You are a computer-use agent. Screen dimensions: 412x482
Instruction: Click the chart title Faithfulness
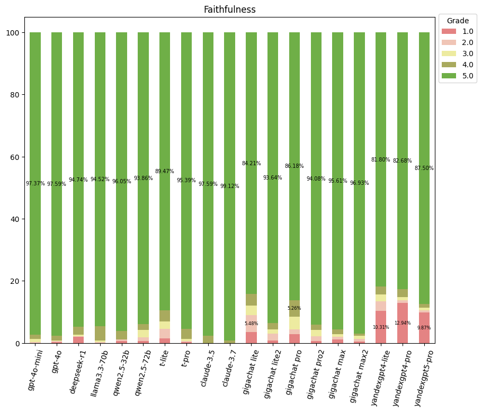[x=229, y=10]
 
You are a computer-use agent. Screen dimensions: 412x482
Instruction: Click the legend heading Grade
[x=458, y=21]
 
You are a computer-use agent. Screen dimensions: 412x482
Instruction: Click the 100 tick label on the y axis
[x=12, y=33]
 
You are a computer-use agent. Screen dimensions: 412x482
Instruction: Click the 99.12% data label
[x=229, y=186]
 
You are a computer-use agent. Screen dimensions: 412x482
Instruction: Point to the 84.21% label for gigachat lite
[x=251, y=164]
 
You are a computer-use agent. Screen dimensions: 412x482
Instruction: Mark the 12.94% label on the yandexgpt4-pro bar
[x=403, y=323]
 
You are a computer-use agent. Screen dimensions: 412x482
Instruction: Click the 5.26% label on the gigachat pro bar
[x=294, y=308]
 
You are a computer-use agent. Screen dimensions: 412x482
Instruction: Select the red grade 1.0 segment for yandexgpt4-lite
[x=381, y=327]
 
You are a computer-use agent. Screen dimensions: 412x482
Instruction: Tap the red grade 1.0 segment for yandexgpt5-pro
[x=424, y=328]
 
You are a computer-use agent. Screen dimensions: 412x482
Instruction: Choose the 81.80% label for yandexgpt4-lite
[x=381, y=159]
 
